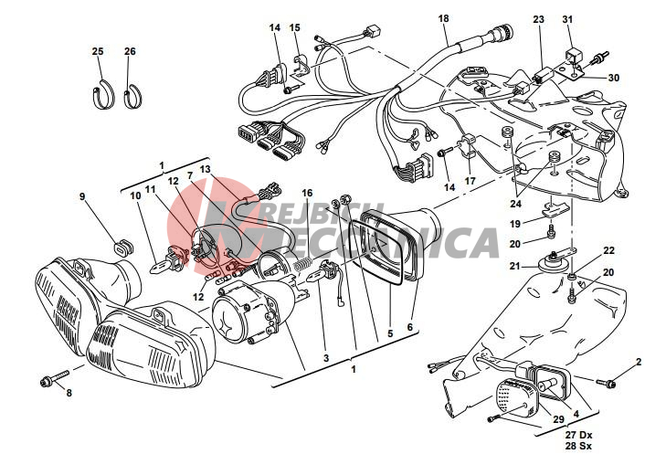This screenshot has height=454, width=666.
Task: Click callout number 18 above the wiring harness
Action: click(443, 18)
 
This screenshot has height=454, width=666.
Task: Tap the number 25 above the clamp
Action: click(98, 51)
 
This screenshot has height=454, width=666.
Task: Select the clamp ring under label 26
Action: click(132, 97)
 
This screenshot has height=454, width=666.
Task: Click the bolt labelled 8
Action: click(55, 378)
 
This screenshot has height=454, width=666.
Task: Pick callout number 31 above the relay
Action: click(568, 19)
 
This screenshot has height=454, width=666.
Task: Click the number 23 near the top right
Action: click(539, 19)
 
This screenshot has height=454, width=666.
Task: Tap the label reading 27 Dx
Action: click(578, 436)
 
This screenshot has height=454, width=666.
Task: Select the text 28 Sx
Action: click(578, 446)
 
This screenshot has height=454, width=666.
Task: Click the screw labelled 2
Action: click(607, 384)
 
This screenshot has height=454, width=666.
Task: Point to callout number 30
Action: click(614, 78)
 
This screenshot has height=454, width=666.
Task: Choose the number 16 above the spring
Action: click(307, 194)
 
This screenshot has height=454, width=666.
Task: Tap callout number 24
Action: click(515, 204)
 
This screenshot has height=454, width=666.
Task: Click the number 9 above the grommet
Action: click(82, 196)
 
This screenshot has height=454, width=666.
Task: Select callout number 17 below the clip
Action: click(470, 182)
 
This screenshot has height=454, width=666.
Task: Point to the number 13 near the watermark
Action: click(206, 170)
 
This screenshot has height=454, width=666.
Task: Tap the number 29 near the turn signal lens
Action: click(558, 419)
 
